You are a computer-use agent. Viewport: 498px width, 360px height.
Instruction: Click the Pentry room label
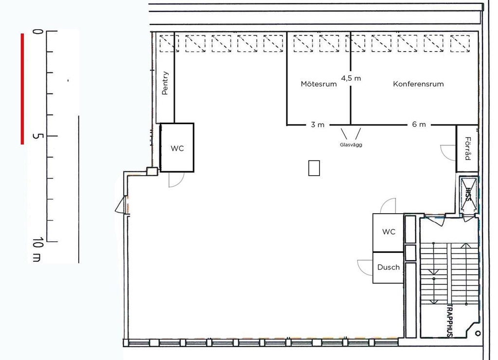(165, 83)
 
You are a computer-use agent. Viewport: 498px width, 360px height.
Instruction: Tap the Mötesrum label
(319, 84)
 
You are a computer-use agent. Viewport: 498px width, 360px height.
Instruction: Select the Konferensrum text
(418, 84)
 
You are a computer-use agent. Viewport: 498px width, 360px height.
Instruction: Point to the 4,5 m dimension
(351, 78)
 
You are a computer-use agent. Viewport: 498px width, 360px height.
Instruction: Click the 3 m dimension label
(318, 125)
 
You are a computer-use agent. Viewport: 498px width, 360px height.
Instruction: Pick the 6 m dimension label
(419, 125)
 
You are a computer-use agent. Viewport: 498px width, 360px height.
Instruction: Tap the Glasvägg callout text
(351, 144)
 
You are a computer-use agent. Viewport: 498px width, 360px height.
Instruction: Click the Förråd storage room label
(467, 148)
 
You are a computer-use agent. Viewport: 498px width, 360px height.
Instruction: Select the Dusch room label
(389, 267)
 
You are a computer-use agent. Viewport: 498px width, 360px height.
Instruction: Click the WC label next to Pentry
(177, 148)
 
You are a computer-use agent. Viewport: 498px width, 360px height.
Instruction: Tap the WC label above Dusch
(389, 232)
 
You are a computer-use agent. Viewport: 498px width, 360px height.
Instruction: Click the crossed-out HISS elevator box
(468, 194)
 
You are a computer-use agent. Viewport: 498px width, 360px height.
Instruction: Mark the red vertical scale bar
(22, 89)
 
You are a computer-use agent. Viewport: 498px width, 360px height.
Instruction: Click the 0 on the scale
(37, 32)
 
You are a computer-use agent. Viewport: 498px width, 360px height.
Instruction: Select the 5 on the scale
(37, 136)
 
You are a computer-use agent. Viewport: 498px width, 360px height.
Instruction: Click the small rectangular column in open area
(314, 168)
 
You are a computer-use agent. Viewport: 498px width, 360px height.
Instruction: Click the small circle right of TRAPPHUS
(478, 333)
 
